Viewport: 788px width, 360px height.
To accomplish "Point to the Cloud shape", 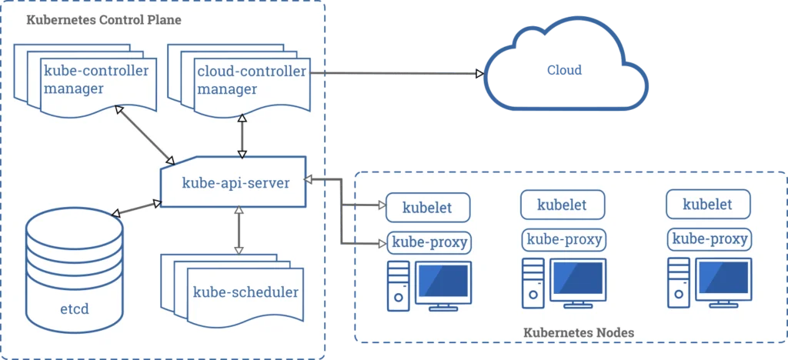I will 564,72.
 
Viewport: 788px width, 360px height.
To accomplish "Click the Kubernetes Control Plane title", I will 104,19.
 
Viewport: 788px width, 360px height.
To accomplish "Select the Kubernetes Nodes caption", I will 579,332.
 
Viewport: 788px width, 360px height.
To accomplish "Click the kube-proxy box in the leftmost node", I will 429,243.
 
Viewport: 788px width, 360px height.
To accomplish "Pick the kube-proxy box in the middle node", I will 563,238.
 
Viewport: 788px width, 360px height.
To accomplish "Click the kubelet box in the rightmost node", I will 707,205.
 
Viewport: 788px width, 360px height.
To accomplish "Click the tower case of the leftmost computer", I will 398,285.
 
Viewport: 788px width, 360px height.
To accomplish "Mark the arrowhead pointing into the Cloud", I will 479,74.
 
